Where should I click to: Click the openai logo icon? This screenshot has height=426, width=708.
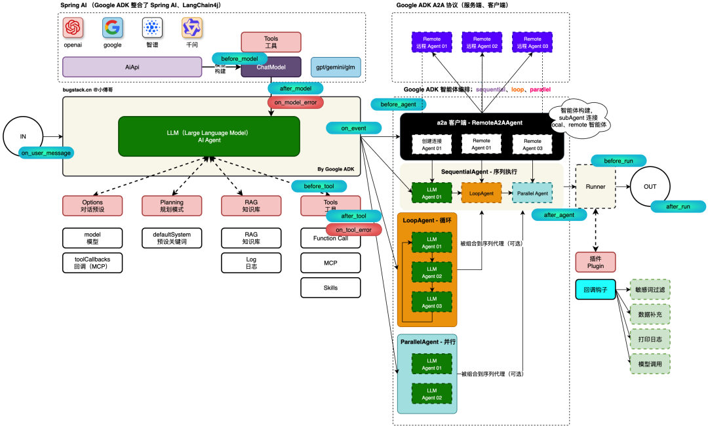coord(73,28)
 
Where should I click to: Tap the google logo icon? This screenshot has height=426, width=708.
coord(113,28)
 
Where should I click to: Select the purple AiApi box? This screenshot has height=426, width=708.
coord(132,67)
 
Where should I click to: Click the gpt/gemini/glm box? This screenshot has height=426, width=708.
coord(335,67)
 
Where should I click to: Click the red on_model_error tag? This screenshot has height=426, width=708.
coord(295,102)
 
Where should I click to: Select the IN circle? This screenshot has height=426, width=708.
coord(24,136)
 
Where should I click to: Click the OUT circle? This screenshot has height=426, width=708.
coord(650,186)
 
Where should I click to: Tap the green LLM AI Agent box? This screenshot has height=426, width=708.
coord(208,136)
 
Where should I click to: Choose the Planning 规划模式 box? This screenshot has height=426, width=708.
coord(171,206)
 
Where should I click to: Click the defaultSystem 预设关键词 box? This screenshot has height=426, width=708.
coord(171,238)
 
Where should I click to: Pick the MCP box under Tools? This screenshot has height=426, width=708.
coord(330,263)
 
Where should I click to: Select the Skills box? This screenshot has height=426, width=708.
coord(330,287)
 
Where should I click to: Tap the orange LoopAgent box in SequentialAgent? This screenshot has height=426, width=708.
coord(482,193)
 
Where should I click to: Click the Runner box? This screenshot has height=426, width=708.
coord(596,186)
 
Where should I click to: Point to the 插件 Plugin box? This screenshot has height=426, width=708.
coord(596,262)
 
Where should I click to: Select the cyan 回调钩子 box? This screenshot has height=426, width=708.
coord(595,290)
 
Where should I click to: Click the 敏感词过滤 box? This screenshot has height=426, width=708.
coord(650,290)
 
